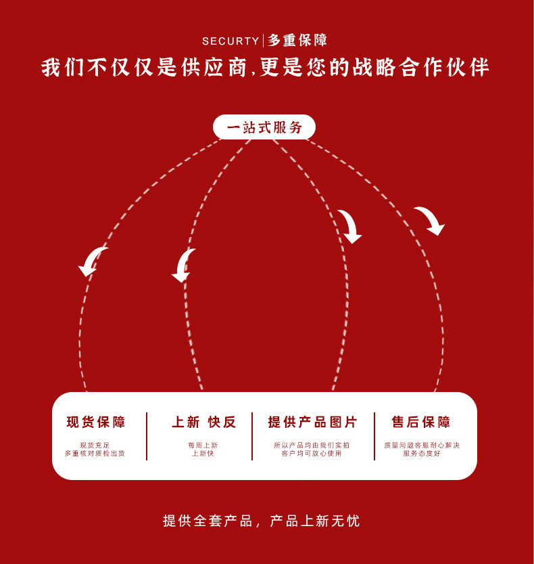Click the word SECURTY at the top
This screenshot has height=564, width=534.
(230, 41)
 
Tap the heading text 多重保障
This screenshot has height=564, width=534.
(297, 41)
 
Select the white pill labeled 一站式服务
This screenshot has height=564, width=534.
(264, 127)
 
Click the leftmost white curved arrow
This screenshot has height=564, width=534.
(93, 261)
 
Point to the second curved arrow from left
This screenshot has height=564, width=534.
(183, 265)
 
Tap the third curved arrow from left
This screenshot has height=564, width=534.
(350, 226)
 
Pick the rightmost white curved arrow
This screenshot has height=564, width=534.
(430, 221)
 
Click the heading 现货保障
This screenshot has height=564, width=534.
(96, 422)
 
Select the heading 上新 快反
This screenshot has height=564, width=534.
(203, 422)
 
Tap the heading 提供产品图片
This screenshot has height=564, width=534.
(312, 422)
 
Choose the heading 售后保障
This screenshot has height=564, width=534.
(421, 422)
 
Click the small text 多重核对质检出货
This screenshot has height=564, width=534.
(95, 454)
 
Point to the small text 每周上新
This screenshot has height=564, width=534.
(203, 445)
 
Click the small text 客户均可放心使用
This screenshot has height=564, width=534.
(312, 454)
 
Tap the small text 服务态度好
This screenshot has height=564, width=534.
(421, 454)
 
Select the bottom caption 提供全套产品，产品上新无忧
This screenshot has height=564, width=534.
(262, 521)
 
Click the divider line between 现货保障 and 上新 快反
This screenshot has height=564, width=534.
(147, 436)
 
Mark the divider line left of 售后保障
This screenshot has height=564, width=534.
(374, 436)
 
